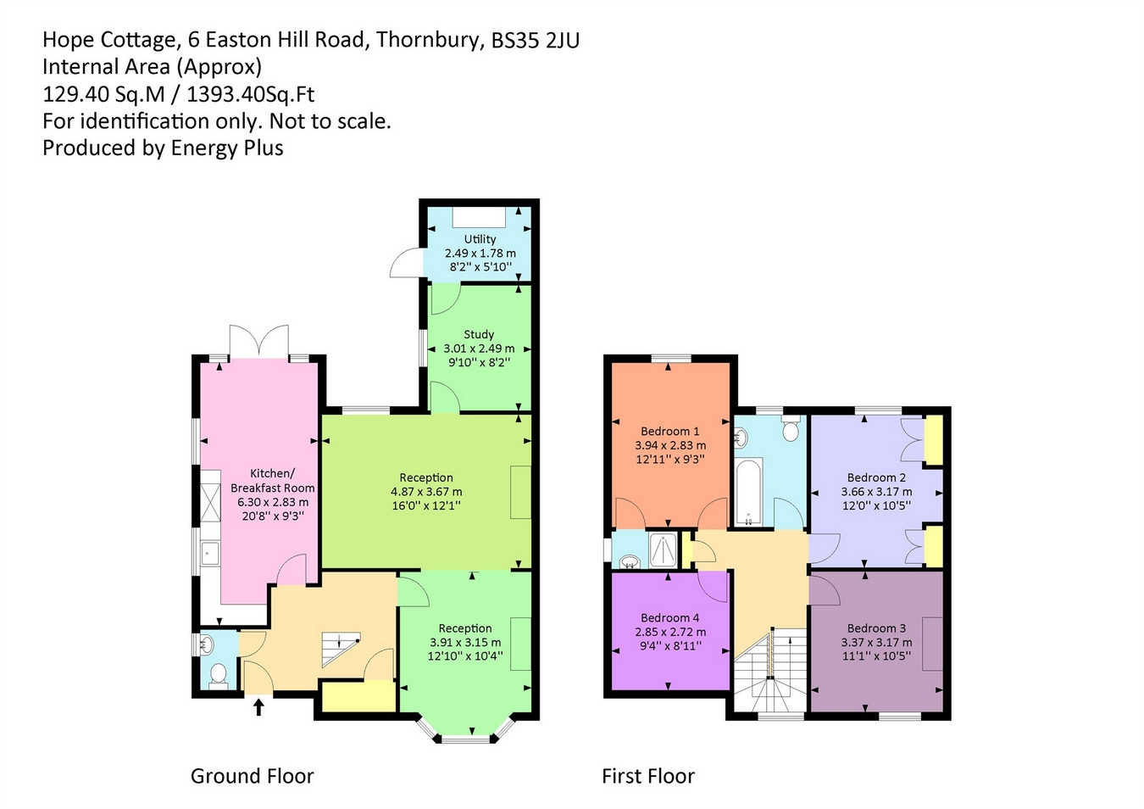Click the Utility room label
coord(480,238)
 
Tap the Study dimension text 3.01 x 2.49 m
coord(479,349)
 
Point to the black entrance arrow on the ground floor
coord(258,707)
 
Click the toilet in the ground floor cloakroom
coord(219,675)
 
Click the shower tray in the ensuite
coord(663,550)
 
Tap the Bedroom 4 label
coord(669,618)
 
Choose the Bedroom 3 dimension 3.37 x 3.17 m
coord(876,642)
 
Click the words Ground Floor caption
coord(253,776)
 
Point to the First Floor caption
coord(648,776)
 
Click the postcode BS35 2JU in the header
coord(536,40)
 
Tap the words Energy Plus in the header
coord(227,148)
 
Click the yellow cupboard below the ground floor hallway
coord(359,695)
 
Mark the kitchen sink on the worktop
coord(210,554)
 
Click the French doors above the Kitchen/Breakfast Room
coord(259,340)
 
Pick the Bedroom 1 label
coord(669,431)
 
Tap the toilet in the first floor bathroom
coord(790,429)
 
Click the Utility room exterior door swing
coord(406,263)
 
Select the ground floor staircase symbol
coord(341,650)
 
